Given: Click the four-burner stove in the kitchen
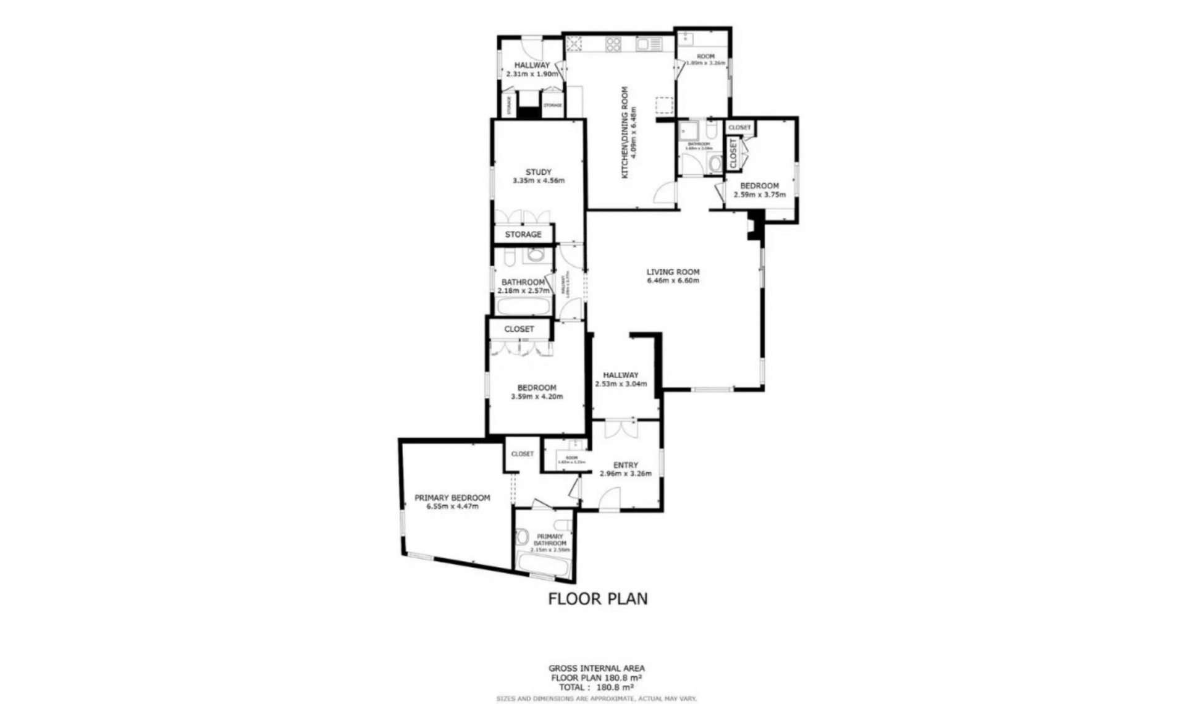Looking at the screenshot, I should pos(613,44).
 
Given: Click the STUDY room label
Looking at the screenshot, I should pos(538,172).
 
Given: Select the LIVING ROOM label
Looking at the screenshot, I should pos(673,272).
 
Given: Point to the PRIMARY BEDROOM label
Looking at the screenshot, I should pos(452,498).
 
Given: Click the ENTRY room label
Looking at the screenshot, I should pos(625,465).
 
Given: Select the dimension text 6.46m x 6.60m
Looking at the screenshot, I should pos(673,281).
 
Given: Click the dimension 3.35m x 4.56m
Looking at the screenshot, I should pos(538,181).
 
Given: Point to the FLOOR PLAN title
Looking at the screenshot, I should pos(598,598).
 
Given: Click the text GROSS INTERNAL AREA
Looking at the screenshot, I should pos(596,668).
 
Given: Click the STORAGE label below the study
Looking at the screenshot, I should pos(523,235).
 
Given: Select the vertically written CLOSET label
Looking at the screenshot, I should pos(733,154).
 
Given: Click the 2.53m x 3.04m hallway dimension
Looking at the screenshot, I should pos(621,384).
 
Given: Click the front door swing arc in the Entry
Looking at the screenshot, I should pos(610,498).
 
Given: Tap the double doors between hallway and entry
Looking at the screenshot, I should pos(621,429).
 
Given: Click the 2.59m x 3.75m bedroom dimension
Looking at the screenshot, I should pos(759,195).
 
